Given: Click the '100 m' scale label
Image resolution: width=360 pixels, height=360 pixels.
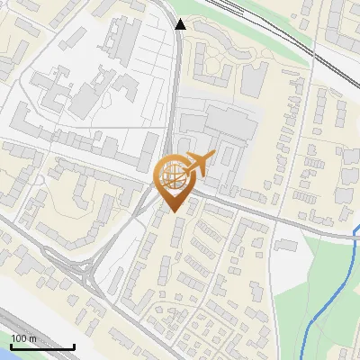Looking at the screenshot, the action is pos(23,338).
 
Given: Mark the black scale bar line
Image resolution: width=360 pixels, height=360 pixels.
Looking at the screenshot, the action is pos(42,346).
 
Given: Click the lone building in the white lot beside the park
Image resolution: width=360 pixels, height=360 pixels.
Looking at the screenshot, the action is pos(286,242).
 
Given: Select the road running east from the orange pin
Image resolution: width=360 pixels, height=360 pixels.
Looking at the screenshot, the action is pos(261,214).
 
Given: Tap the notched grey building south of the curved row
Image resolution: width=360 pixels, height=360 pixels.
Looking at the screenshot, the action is pos(251,81).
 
